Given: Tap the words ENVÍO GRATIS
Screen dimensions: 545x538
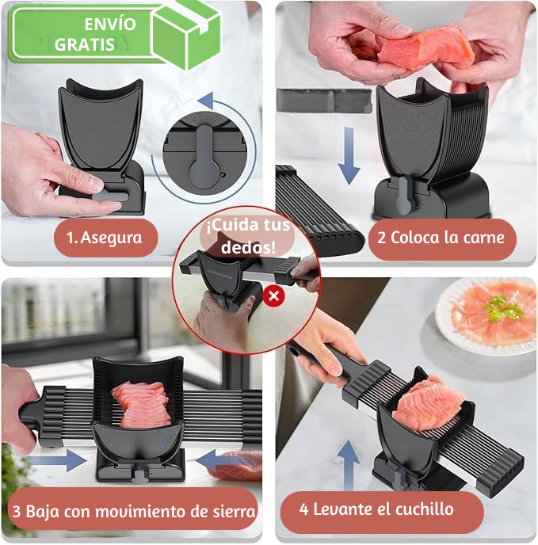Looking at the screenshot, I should coord(95,34).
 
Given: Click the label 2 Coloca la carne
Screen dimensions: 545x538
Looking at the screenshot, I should coord(441,238).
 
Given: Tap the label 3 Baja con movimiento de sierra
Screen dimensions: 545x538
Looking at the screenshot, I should coord(132,511).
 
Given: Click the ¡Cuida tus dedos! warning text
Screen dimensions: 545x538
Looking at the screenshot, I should coord(248,235).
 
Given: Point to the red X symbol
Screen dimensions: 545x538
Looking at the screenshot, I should coord(274,296).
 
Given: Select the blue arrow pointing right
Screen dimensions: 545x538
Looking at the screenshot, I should coord(67,459).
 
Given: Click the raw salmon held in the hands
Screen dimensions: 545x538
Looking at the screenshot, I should coord(424,49).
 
